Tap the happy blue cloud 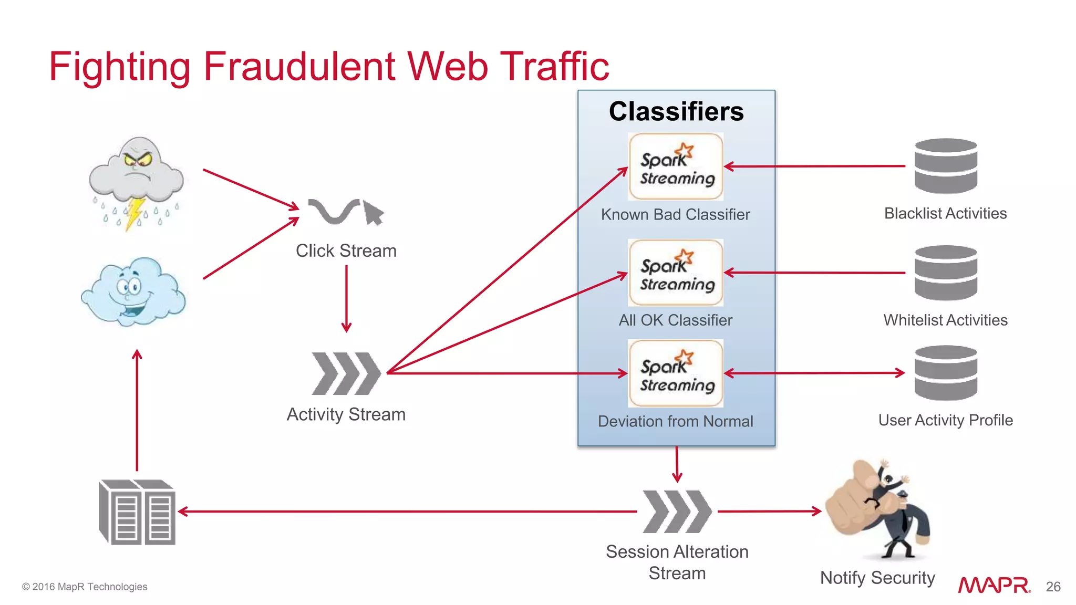click(x=134, y=291)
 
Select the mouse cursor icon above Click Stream click(x=374, y=212)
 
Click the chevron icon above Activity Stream click(x=346, y=373)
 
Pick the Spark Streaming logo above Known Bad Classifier click(x=676, y=166)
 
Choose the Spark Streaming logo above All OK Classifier click(x=676, y=273)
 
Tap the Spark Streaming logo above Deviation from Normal click(x=676, y=373)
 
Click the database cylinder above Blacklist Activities click(x=945, y=166)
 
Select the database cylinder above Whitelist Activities click(x=945, y=273)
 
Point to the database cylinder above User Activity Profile click(x=945, y=373)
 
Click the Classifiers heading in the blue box click(x=676, y=111)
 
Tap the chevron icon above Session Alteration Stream click(x=677, y=512)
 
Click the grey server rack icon click(x=137, y=512)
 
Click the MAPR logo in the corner click(x=994, y=585)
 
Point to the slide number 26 click(x=1053, y=587)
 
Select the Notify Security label click(x=877, y=578)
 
